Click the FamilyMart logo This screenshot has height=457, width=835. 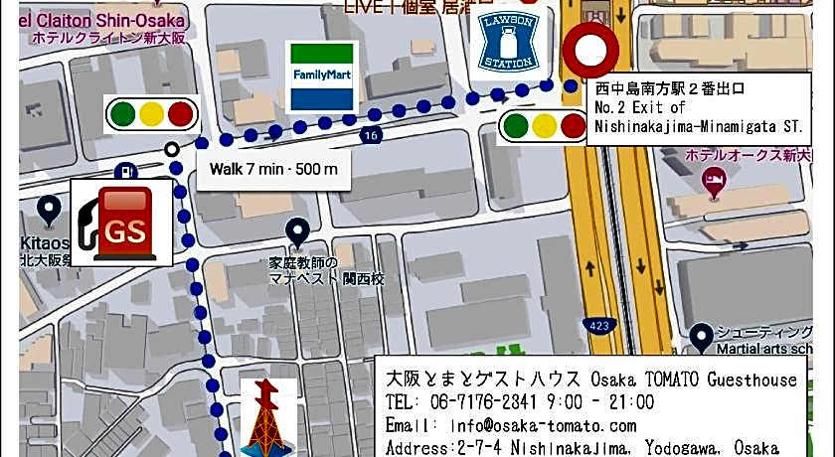(320, 76)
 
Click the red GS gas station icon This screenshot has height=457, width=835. (120, 225)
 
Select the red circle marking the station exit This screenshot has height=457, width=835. (589, 50)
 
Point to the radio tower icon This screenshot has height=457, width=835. (268, 418)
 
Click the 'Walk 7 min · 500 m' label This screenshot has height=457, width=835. (272, 169)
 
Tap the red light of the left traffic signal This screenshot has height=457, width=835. (180, 113)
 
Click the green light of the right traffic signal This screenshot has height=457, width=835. (515, 125)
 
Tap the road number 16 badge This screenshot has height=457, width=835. (372, 134)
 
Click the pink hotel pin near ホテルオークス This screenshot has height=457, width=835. (713, 179)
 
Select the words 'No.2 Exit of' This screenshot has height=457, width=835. (640, 107)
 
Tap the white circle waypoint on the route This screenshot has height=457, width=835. (172, 150)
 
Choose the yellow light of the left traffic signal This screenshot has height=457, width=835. (151, 113)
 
